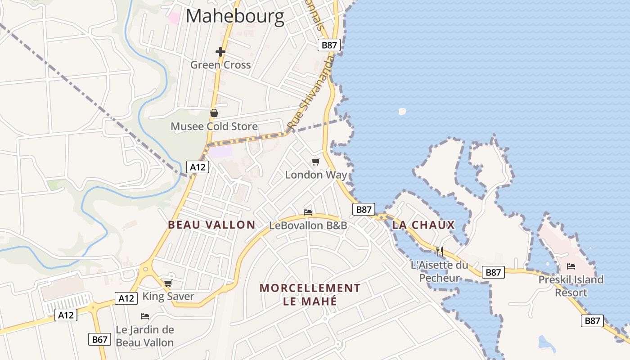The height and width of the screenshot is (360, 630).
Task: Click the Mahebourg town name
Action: pyautogui.click(x=235, y=17)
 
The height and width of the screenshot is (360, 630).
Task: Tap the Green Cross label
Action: pyautogui.click(x=220, y=65)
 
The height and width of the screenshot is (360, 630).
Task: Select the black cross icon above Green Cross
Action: pyautogui.click(x=220, y=52)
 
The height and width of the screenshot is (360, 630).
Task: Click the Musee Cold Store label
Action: pyautogui.click(x=214, y=126)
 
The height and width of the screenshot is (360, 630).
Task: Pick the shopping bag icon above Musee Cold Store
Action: pyautogui.click(x=214, y=113)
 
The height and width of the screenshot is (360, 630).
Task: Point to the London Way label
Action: pyautogui.click(x=316, y=175)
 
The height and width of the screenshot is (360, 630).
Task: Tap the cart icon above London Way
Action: pyautogui.click(x=316, y=162)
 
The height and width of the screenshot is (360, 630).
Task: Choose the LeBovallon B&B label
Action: pyautogui.click(x=308, y=225)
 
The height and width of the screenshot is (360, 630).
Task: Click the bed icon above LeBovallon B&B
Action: pyautogui.click(x=308, y=212)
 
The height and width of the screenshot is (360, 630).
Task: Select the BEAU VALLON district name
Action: pyautogui.click(x=211, y=225)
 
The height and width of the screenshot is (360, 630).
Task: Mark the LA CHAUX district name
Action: pyautogui.click(x=423, y=225)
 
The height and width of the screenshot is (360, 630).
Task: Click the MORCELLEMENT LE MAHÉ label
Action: pyautogui.click(x=310, y=294)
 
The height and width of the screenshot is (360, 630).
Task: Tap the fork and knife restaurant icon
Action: pyautogui.click(x=440, y=251)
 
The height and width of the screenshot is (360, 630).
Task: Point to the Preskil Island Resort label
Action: pyautogui.click(x=571, y=286)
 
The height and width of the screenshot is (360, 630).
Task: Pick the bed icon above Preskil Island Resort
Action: pyautogui.click(x=571, y=266)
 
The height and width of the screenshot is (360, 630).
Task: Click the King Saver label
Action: pyautogui.click(x=168, y=296)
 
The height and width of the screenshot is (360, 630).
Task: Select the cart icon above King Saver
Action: pyautogui.click(x=168, y=283)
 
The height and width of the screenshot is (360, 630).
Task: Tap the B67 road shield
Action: pyautogui.click(x=99, y=339)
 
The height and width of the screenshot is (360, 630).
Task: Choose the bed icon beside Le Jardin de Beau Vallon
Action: pyautogui.click(x=145, y=316)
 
